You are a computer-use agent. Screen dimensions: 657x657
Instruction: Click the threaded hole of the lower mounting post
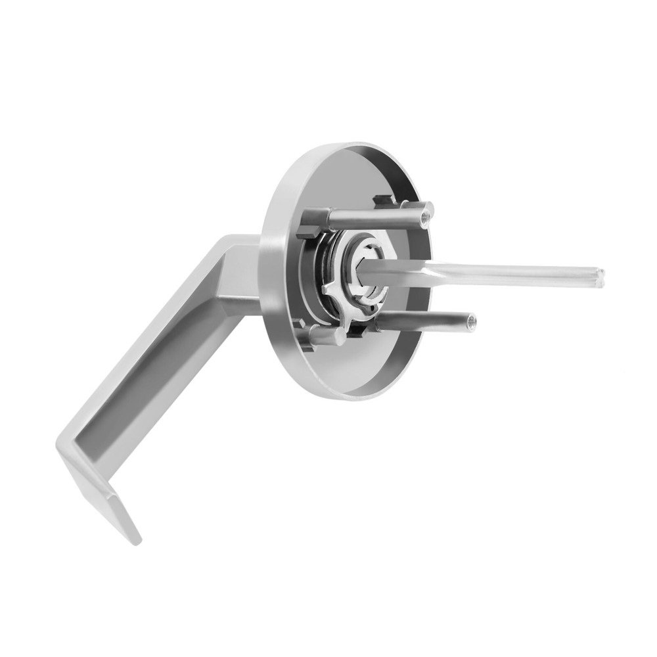(471, 322)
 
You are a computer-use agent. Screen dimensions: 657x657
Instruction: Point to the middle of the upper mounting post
(374, 217)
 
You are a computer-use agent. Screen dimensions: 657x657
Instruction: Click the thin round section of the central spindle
(519, 273)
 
